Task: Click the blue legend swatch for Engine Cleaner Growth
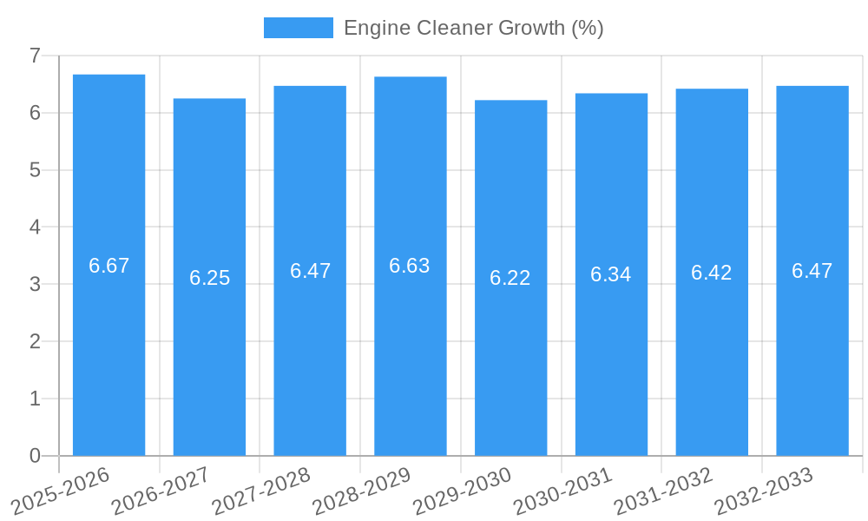click(x=298, y=28)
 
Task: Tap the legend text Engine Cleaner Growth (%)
click(x=473, y=28)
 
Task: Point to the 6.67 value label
click(x=108, y=266)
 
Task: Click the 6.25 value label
click(x=209, y=278)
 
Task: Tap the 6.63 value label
click(x=410, y=266)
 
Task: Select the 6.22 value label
click(x=510, y=278)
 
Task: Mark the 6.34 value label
click(x=611, y=274)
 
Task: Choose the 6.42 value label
click(x=712, y=273)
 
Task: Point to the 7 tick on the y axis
click(x=35, y=56)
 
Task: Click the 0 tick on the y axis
click(x=35, y=456)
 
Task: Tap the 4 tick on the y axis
click(x=35, y=228)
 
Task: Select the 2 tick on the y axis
click(x=35, y=341)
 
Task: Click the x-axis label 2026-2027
click(x=160, y=491)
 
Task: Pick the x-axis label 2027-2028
click(x=260, y=491)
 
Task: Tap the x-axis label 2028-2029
click(x=361, y=491)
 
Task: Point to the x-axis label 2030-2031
click(x=562, y=491)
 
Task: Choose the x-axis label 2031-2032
click(x=663, y=491)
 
